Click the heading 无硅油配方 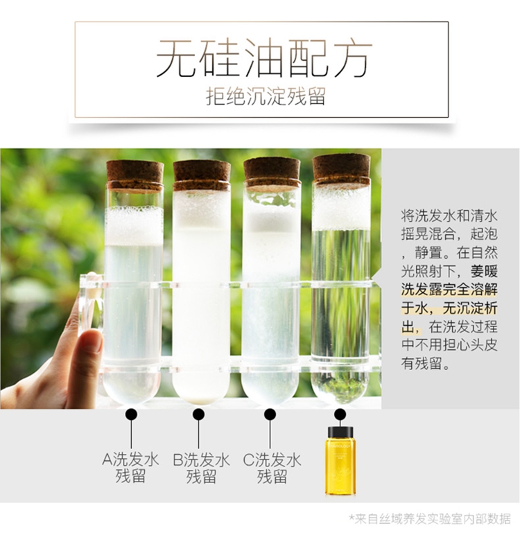click(263, 58)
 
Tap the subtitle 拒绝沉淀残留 click(266, 96)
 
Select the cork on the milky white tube click(202, 175)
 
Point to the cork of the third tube click(272, 173)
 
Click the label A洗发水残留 click(131, 468)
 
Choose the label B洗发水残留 click(201, 468)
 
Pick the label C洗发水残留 click(272, 468)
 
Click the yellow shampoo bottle click(340, 460)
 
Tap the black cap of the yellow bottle click(340, 432)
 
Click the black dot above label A click(132, 414)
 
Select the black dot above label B click(199, 414)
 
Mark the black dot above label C click(270, 414)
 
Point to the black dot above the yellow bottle click(340, 414)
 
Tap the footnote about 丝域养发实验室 click(430, 519)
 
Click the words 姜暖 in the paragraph click(484, 271)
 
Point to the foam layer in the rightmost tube click(341, 207)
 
